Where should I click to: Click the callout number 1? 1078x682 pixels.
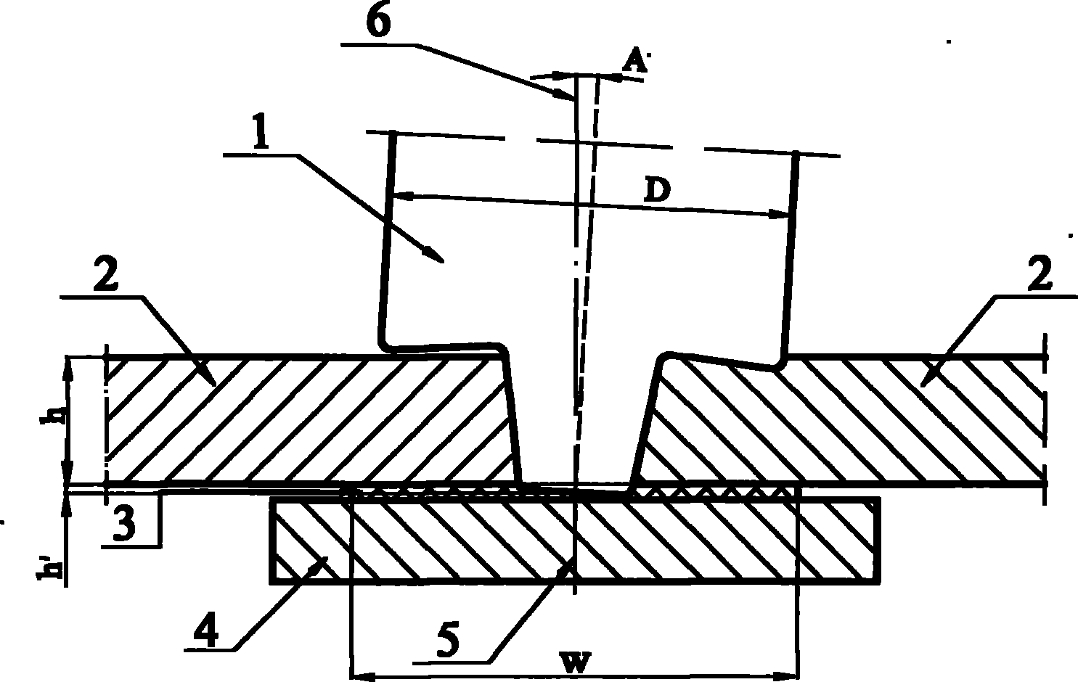tap(261, 131)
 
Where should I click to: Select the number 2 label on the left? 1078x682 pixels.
tap(105, 274)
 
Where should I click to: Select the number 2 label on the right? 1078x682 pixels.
tap(1039, 274)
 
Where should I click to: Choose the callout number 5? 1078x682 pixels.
tap(448, 640)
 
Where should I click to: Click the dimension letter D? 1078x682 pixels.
tap(657, 191)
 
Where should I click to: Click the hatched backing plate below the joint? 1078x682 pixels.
tap(575, 541)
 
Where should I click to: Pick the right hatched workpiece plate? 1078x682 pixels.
tap(842, 419)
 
